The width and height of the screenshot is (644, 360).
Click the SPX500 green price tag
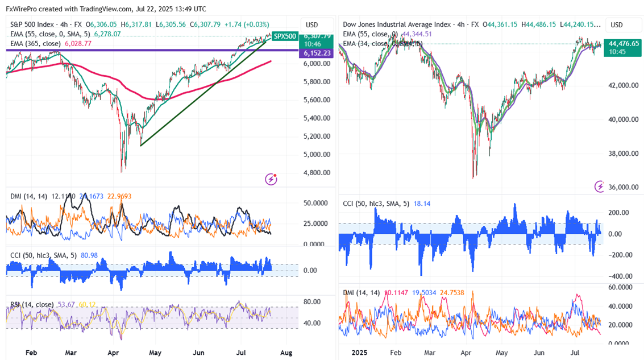coord(284,36)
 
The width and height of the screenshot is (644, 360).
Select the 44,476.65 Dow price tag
coord(623,43)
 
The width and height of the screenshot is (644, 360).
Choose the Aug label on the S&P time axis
coord(287,352)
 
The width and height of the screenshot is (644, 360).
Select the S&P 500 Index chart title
coord(39,24)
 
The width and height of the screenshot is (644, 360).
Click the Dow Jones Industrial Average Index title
coord(396,24)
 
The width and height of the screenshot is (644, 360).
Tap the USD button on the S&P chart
coord(311,25)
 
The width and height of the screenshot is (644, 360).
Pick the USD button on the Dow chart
coord(616,25)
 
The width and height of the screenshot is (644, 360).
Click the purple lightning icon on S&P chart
coord(271,179)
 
